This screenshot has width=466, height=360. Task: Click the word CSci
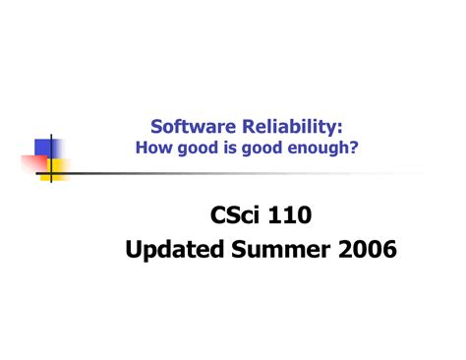237,213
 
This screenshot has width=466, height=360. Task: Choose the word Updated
173,251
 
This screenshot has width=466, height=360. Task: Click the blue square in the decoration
44,148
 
